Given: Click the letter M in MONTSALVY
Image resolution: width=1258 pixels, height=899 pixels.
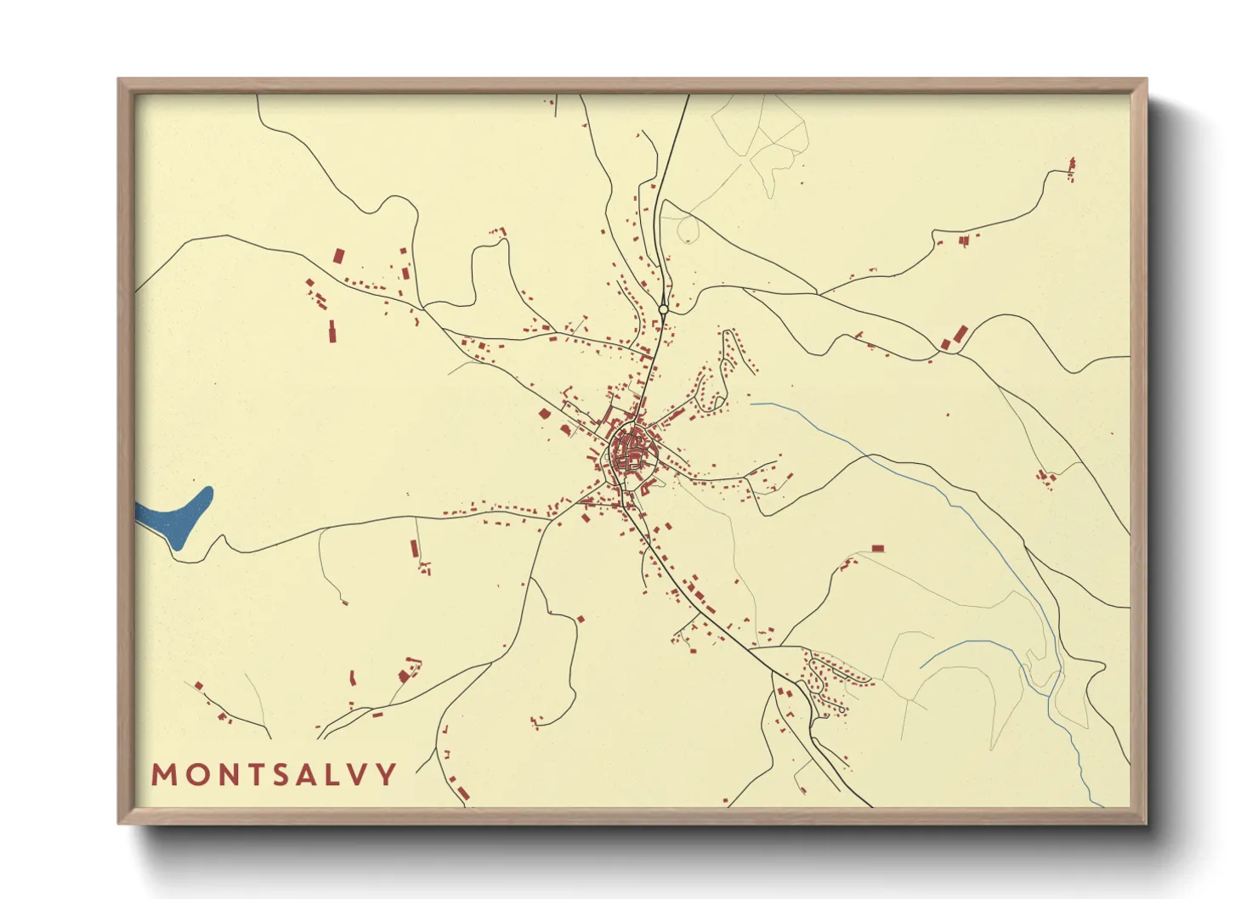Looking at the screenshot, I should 164,774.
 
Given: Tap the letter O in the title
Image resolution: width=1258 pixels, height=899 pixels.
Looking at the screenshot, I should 195,774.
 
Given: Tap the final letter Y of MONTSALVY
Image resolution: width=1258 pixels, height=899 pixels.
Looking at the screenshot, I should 387,774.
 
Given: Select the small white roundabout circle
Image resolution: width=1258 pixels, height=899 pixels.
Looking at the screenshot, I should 663,309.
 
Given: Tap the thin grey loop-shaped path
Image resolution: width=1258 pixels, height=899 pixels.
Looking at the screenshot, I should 687,228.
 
